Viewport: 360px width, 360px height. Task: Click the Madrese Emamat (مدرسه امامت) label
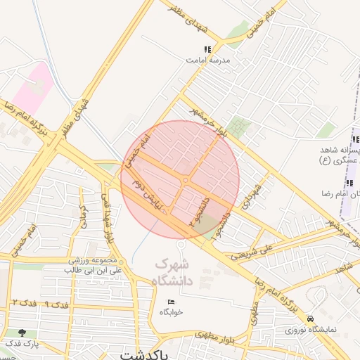pyautogui.click(x=208, y=61)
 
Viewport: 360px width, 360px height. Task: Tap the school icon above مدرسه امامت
pyautogui.click(x=207, y=49)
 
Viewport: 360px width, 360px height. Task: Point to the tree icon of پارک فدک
pyautogui.click(x=23, y=332)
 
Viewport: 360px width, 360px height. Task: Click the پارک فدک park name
pyautogui.click(x=22, y=344)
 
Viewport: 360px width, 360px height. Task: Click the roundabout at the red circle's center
pyautogui.click(x=185, y=181)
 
